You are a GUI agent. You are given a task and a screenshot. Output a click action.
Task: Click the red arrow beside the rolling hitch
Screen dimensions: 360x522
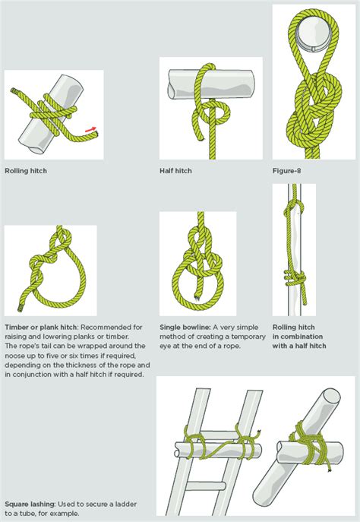[91, 129]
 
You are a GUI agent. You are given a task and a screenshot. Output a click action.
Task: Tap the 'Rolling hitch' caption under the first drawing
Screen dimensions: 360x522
[26, 171]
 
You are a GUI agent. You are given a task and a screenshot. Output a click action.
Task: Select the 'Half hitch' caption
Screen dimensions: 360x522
[175, 171]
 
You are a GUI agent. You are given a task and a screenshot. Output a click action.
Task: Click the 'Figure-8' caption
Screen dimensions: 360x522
[287, 171]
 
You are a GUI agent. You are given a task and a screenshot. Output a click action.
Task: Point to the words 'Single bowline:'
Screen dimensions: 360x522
[185, 327]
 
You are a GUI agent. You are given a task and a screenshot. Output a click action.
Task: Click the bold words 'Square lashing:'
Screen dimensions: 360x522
[30, 504]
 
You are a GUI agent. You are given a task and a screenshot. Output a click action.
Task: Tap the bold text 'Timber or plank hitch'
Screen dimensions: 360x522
[41, 327]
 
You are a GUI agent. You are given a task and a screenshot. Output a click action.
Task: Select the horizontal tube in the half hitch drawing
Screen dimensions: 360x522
[212, 84]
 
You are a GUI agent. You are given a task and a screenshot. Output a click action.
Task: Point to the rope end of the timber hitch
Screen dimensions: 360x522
[21, 308]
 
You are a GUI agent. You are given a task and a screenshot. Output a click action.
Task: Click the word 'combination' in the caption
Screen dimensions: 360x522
[302, 337]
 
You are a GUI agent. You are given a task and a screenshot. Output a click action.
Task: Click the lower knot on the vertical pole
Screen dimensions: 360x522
[295, 277]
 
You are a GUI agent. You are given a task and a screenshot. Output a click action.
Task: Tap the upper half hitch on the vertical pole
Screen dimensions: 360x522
[293, 208]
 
